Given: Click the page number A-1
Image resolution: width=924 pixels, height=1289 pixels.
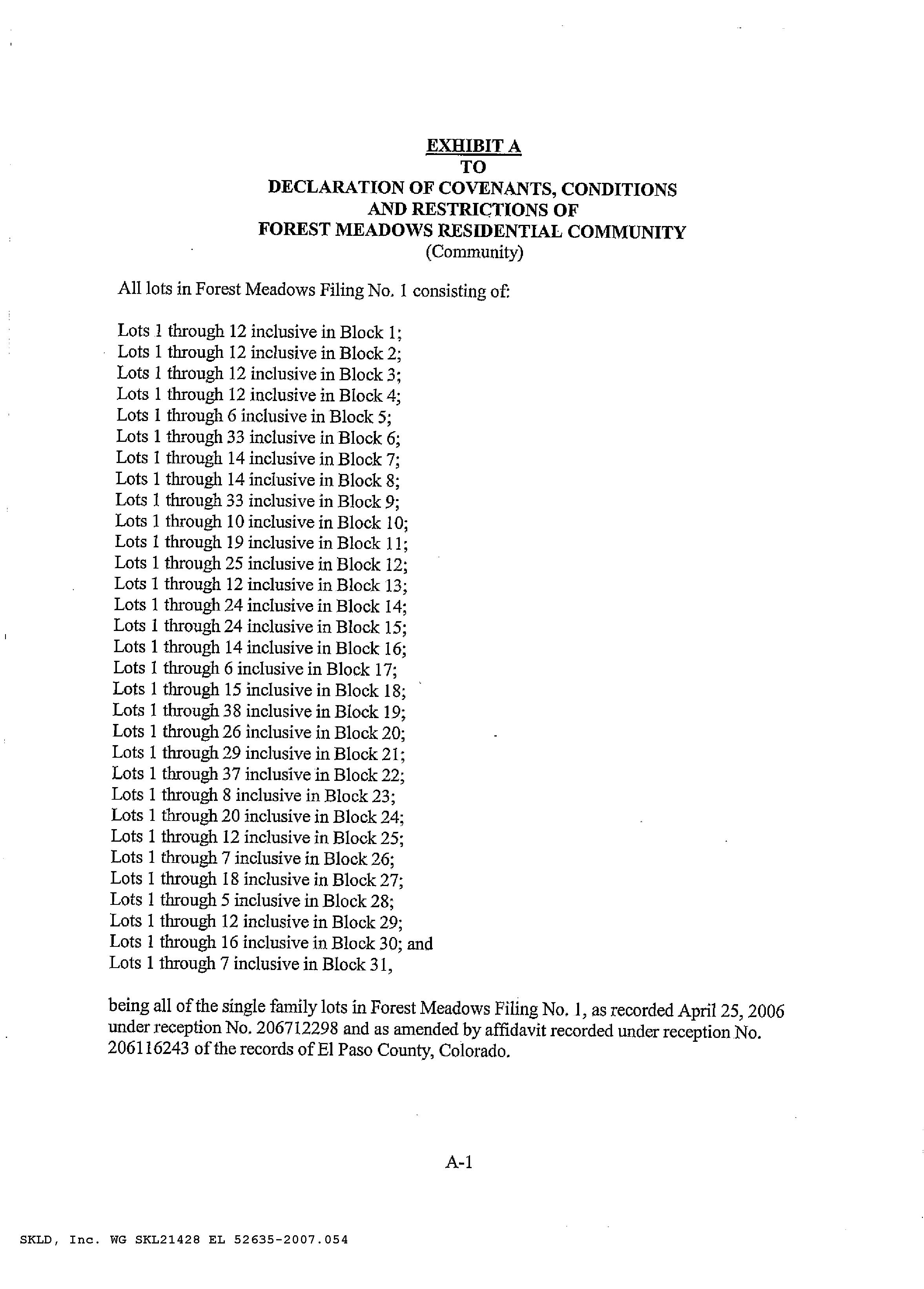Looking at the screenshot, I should (x=459, y=1162).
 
